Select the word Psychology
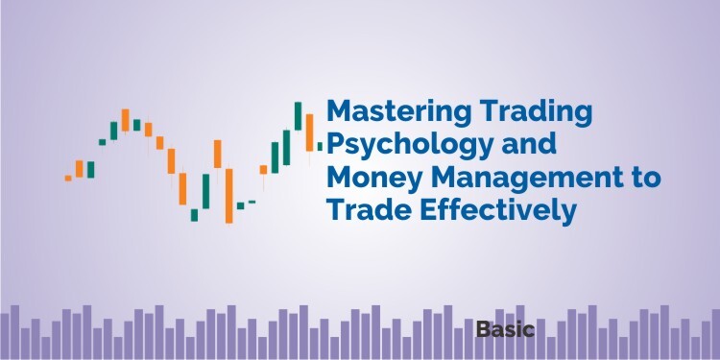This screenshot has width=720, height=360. [x=398, y=146]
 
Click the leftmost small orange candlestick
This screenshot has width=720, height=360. [x=68, y=178]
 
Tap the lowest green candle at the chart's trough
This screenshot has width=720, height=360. [x=194, y=214]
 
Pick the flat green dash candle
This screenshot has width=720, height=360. [x=252, y=202]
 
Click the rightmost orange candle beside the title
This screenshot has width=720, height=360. [x=310, y=132]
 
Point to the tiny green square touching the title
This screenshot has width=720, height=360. [x=321, y=147]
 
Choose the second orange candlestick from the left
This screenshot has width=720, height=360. [x=80, y=169]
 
